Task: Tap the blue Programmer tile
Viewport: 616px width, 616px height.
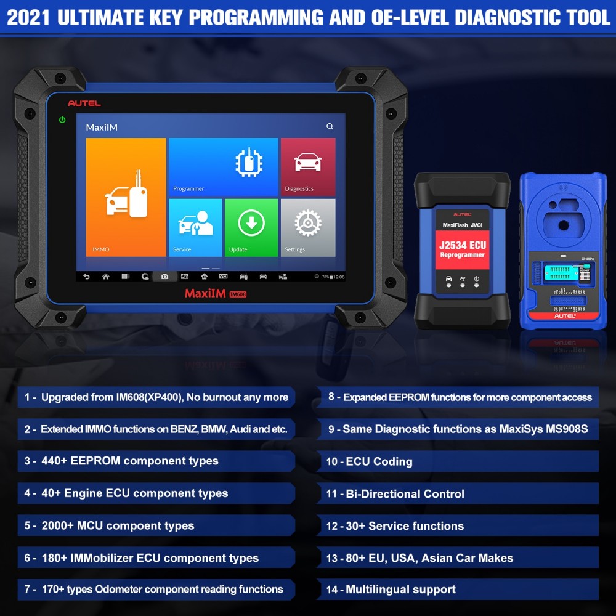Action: tap(223, 166)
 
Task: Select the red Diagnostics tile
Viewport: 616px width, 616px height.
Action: tap(308, 166)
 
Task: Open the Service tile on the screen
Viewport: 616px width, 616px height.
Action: tap(195, 227)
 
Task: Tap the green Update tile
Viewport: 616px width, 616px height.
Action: tap(251, 227)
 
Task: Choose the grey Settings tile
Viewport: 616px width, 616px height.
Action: tap(308, 227)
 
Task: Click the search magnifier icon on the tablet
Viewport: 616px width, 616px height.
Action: tap(330, 126)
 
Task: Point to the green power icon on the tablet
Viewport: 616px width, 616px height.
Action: tap(62, 120)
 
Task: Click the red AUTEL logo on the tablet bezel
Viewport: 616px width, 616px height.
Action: tap(84, 103)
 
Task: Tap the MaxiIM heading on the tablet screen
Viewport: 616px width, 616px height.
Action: tap(102, 128)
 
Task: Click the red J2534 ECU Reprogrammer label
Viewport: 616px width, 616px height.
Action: tap(462, 249)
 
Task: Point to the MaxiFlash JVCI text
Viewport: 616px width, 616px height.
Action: tap(462, 225)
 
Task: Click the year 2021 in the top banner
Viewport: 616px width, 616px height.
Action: tap(28, 18)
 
